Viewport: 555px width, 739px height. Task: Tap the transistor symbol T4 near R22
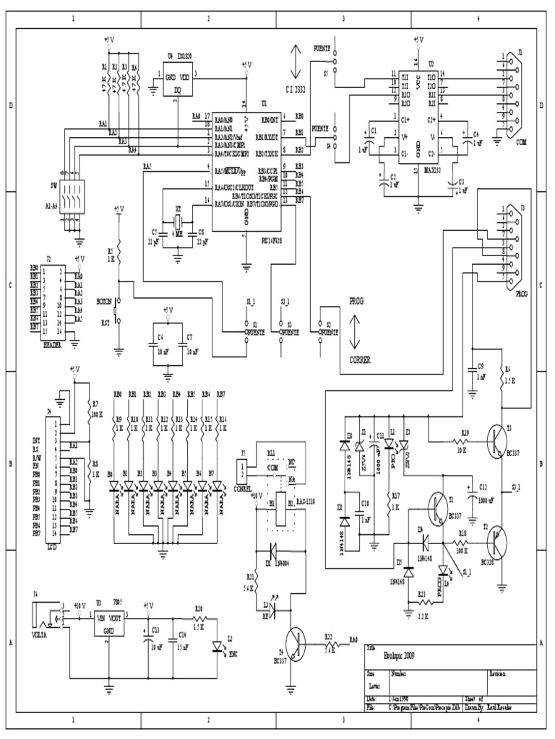click(296, 641)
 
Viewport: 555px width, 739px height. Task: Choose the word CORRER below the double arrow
click(360, 359)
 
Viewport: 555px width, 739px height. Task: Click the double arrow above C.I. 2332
click(294, 62)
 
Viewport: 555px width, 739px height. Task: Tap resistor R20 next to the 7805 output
click(199, 618)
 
